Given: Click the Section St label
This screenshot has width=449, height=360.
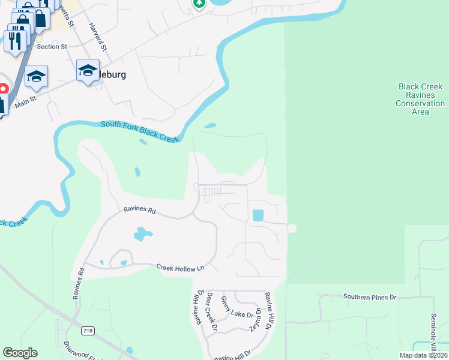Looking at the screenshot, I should click(x=52, y=46).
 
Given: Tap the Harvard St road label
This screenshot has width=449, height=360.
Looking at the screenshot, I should click(x=97, y=37).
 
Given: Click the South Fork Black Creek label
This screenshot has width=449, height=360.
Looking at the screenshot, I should click(x=140, y=131).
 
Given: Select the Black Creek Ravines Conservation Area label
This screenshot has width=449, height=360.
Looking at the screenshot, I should click(x=420, y=99).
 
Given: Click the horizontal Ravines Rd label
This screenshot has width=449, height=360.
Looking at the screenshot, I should click(x=140, y=211).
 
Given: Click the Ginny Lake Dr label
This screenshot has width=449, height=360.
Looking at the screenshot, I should click(x=237, y=311).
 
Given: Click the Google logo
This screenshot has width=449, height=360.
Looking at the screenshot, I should click(x=20, y=353).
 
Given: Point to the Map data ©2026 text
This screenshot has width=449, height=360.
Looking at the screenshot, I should click(x=423, y=355).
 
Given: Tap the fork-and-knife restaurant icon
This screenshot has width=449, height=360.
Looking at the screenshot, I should click(x=16, y=40).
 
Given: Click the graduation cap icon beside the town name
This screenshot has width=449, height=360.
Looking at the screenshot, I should click(x=88, y=71).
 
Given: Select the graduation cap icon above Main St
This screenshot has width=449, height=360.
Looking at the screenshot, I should click(x=36, y=76).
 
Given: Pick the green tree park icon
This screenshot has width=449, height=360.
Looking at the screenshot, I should click(x=199, y=4).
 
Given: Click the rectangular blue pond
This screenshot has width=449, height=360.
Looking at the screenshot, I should click(x=258, y=215).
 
